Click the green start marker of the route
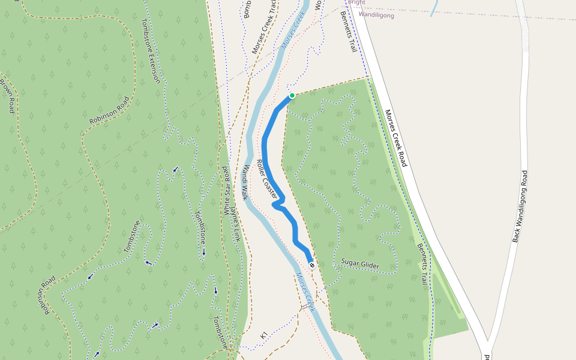292,95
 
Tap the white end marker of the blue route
311,265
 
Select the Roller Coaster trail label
267,179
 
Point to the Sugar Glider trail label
360,263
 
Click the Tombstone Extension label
151,51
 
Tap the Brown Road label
7,96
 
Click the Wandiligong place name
376,15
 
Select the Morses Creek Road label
396,139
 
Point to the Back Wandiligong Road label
520,206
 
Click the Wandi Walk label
245,182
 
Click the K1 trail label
263,337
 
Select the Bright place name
356,2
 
